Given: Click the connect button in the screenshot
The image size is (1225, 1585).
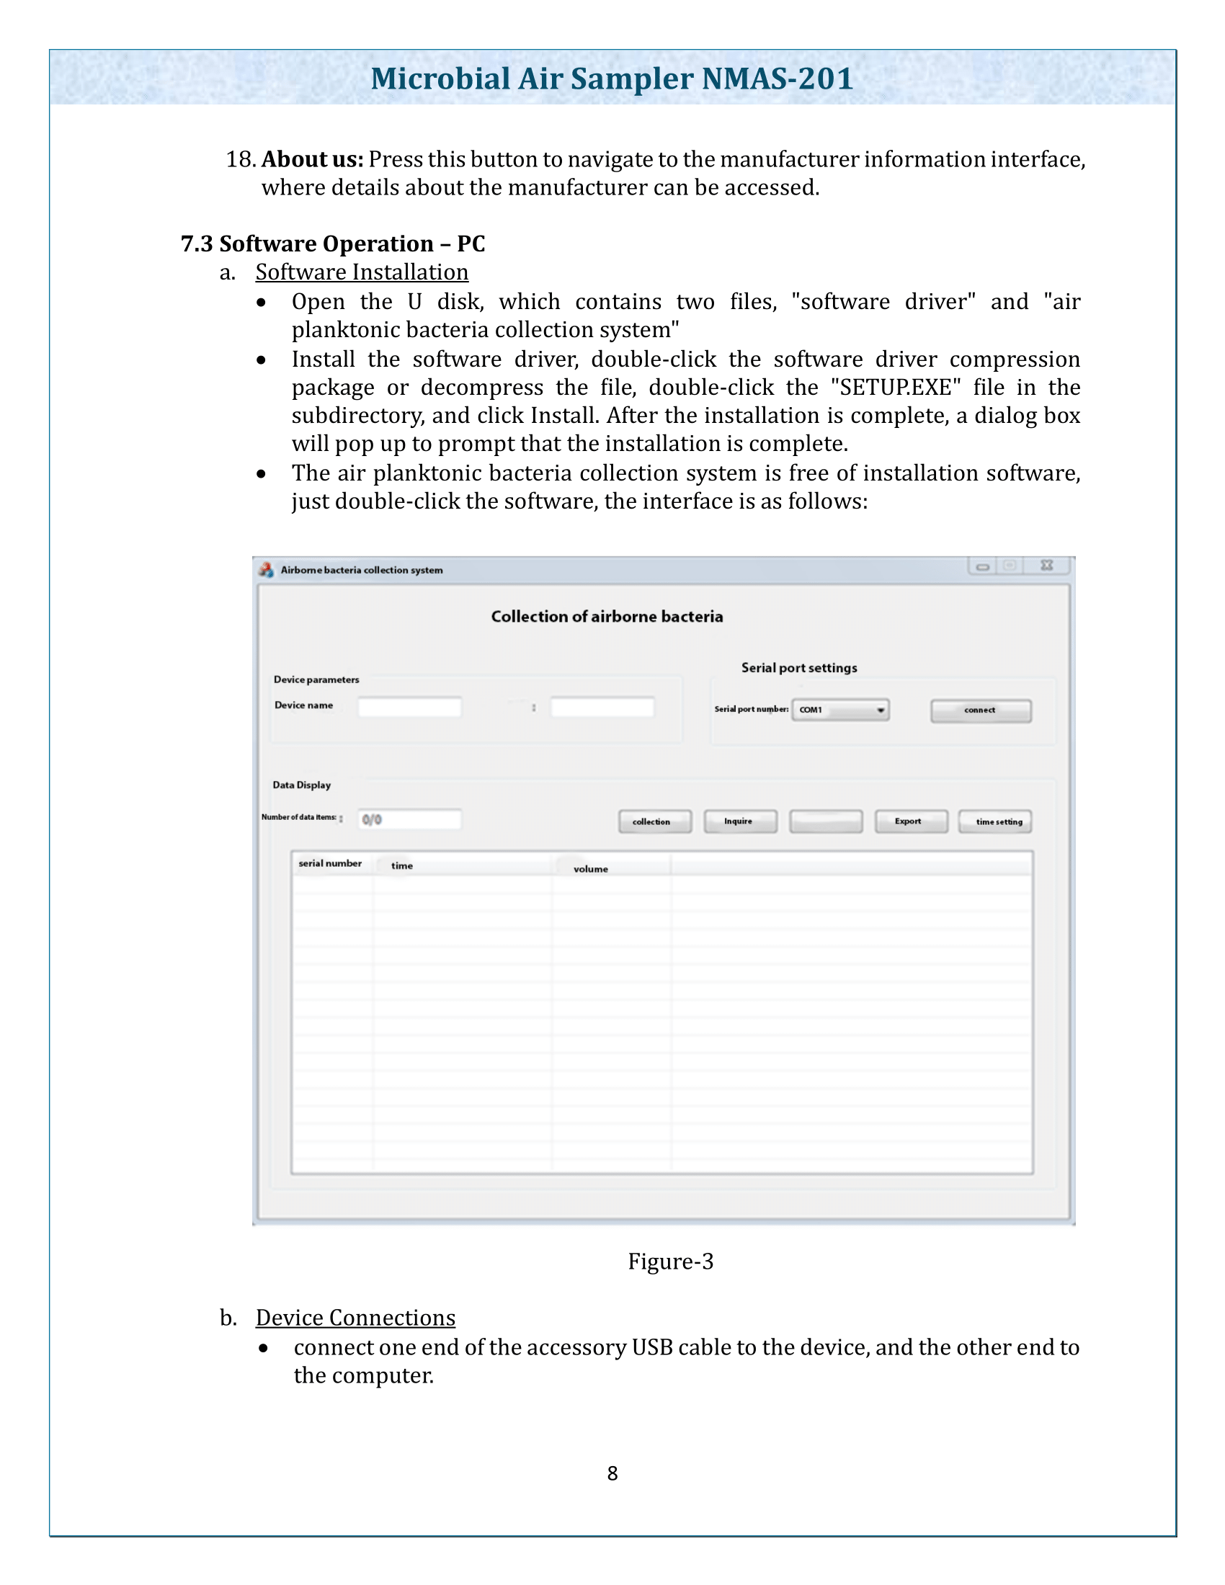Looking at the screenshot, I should point(981,710).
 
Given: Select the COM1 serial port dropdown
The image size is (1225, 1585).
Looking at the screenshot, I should point(839,710).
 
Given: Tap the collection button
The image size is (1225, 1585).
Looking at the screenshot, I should point(654,821).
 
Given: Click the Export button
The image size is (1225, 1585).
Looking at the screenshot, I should point(910,821).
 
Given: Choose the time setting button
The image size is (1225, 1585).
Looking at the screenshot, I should point(994,821).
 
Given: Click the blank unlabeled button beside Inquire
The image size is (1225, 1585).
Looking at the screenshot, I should point(825,821).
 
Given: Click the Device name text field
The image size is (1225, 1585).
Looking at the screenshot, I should point(409,707).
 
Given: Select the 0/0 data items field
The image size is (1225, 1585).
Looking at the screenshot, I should point(410,819).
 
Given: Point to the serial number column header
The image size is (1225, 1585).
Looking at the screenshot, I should point(330,864).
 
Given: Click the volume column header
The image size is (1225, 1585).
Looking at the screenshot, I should point(591,869).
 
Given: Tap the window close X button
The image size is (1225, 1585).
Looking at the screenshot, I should point(1046,566).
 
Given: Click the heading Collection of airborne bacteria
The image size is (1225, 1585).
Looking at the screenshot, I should point(607,617).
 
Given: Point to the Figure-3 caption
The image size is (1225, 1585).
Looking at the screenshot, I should point(671,1262).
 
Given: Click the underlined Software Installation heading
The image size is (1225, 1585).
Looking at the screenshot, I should point(362,272).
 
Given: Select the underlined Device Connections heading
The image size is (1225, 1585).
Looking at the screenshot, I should point(355,1317).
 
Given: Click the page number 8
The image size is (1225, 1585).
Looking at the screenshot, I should point(612,1473).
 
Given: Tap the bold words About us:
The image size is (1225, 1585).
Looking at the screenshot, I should point(312,160).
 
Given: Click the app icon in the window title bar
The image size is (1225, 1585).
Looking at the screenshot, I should point(267,570).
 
